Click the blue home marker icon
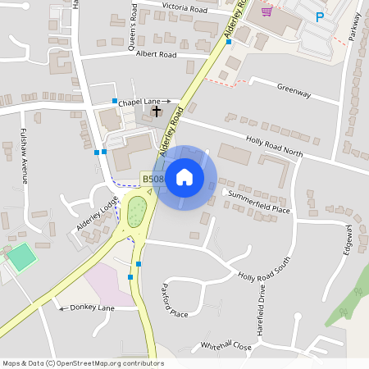(x=184, y=177)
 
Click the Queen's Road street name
(x=133, y=25)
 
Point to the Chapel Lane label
(x=139, y=102)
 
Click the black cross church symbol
(x=157, y=110)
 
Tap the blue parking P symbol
(x=320, y=16)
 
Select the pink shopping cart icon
(x=266, y=11)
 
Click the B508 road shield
(x=153, y=179)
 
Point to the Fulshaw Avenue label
(x=25, y=158)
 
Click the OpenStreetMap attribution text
(x=83, y=363)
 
